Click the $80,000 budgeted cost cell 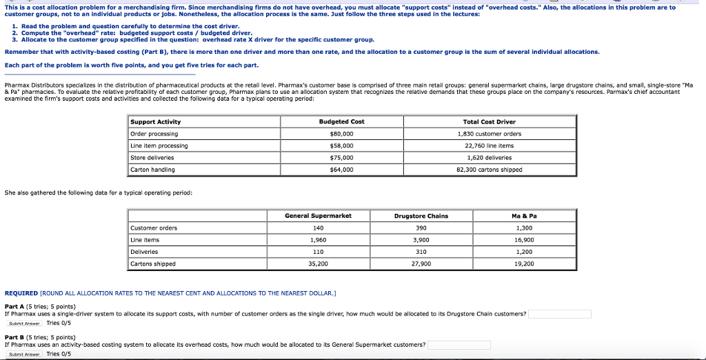pos(341,134)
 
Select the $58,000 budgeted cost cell pos(341,146)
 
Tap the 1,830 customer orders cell pos(490,134)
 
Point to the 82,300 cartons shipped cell pos(490,170)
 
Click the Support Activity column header pos(156,121)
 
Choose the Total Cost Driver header pos(490,121)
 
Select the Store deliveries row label pos(153,157)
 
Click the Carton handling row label pos(153,170)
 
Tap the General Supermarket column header pos(318,216)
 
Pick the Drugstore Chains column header pos(421,216)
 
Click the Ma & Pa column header pos(524,216)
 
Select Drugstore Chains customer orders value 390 pos(421,228)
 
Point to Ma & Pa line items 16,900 pos(524,240)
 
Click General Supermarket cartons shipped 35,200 pos(318,264)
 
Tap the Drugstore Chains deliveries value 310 pos(421,252)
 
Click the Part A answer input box pos(560,314)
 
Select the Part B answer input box pos(458,345)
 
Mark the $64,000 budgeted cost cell pos(341,170)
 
